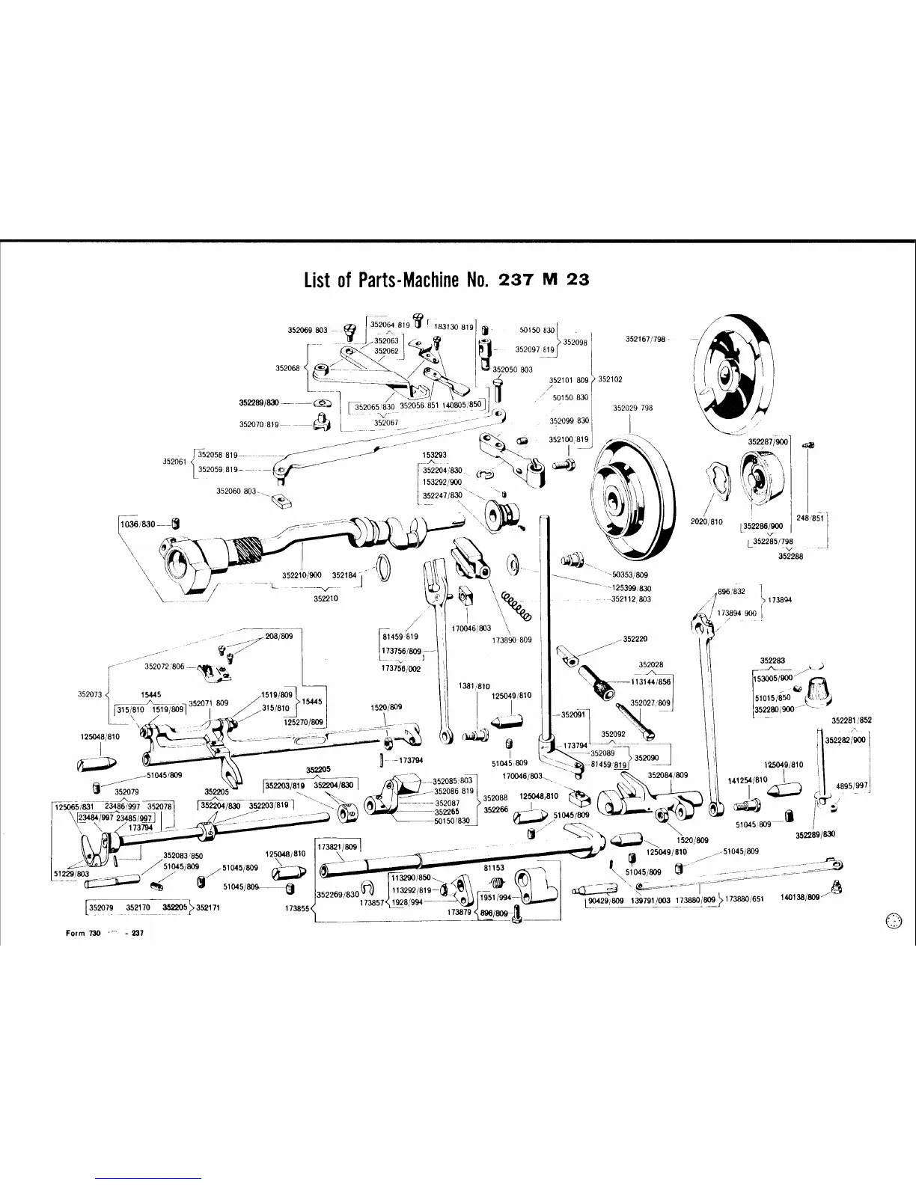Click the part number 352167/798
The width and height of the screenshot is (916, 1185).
[645, 339]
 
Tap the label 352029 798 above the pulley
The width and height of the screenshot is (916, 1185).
[633, 408]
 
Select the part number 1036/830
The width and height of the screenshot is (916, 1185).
[138, 524]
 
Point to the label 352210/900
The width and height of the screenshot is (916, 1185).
[302, 575]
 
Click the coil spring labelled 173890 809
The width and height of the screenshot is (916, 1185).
[516, 604]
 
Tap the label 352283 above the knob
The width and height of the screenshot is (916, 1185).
[772, 661]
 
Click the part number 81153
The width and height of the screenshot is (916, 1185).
[494, 868]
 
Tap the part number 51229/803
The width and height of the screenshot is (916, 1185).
[71, 873]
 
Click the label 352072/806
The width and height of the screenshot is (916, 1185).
[164, 666]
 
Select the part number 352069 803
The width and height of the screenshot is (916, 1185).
[308, 329]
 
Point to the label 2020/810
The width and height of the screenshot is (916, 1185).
[706, 521]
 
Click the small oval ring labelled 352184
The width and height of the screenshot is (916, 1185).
[381, 567]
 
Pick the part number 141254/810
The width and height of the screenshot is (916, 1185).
[748, 780]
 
